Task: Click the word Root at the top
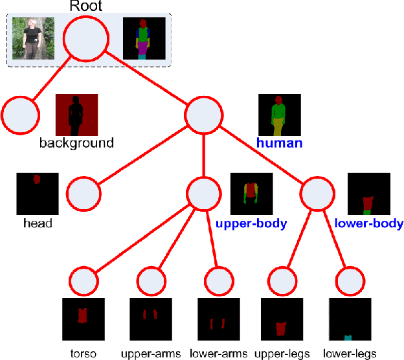point(86,7)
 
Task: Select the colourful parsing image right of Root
point(144,38)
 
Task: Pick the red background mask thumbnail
point(76,115)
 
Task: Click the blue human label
point(279,142)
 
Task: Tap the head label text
point(37,223)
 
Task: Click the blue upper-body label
point(251,223)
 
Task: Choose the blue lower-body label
point(369,223)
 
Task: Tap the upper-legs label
point(283,354)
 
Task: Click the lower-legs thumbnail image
point(350,319)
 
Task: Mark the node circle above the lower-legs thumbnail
point(350,282)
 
